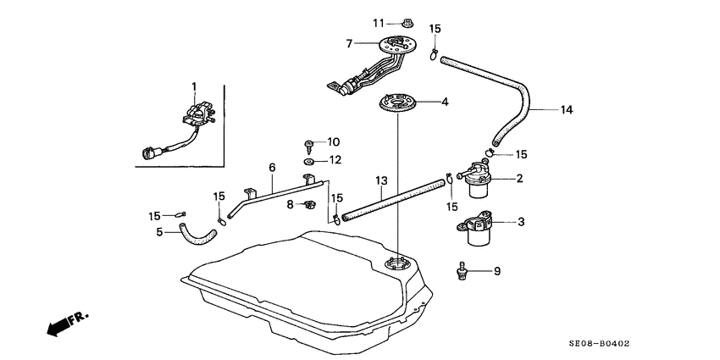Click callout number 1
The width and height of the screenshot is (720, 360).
193,86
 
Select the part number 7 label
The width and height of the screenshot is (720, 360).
348,42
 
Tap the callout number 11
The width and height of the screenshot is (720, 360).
379,21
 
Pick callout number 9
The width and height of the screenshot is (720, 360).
497,271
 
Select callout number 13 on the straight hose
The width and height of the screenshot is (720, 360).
381,180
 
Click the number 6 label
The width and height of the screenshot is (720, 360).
272,168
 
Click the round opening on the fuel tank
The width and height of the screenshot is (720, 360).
397,265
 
